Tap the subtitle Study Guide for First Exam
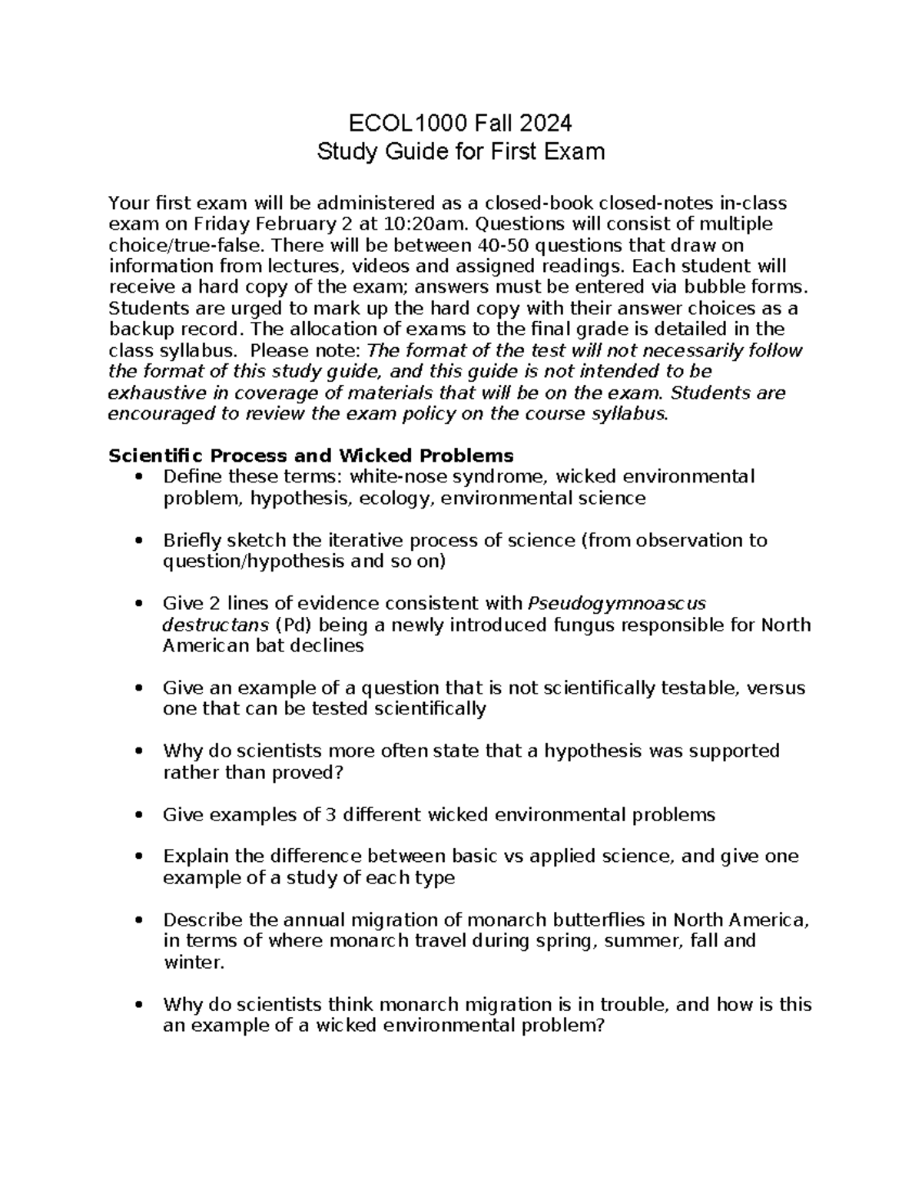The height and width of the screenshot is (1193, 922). (461, 151)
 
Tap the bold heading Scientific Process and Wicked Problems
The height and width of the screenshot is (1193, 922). (310, 455)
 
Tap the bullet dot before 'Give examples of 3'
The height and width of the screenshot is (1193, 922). (138, 814)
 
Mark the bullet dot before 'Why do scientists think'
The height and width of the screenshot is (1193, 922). (138, 1005)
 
